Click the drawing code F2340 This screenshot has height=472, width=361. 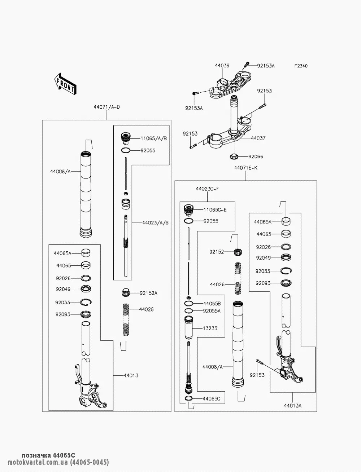pos(301,66)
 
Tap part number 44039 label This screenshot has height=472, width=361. pos(222,66)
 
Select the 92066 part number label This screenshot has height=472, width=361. pos(256,156)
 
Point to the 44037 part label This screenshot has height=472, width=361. pos(258,138)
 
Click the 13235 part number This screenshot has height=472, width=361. pos(210,328)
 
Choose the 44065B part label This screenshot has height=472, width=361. pos(212,303)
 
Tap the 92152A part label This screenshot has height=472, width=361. pos(148,293)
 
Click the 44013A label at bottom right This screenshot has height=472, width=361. pos(292,406)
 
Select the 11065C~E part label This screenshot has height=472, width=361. pos(215,209)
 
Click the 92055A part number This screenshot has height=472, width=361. pos(212,310)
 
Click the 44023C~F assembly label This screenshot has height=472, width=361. pos(208,189)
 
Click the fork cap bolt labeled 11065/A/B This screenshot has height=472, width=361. pos(125,138)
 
